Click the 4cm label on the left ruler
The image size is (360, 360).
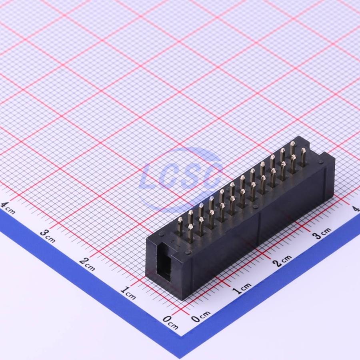(x=7, y=208)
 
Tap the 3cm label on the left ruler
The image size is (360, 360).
(x=48, y=236)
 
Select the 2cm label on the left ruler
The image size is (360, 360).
(x=87, y=264)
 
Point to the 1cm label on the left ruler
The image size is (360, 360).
(x=128, y=293)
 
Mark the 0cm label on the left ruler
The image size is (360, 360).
(x=170, y=322)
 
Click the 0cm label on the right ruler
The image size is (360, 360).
(x=200, y=316)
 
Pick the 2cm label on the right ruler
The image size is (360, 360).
(x=282, y=260)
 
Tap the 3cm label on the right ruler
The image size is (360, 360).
(x=322, y=233)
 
